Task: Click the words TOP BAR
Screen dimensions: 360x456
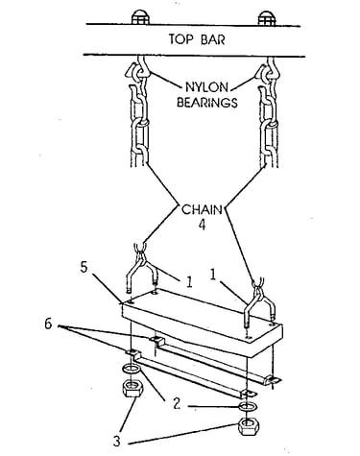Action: click(197, 39)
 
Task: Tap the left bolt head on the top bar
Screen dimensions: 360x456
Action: click(140, 17)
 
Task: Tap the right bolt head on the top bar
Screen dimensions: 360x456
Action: click(267, 18)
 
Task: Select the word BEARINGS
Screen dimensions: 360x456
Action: click(207, 103)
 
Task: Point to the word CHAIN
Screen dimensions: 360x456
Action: click(202, 209)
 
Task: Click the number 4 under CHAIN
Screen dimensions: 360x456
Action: click(202, 224)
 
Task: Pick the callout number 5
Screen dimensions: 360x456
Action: click(84, 267)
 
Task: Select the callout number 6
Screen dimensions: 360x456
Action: click(48, 324)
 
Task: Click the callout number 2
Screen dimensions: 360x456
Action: click(177, 404)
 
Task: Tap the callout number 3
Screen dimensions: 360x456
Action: click(117, 441)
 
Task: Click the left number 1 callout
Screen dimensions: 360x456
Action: click(189, 282)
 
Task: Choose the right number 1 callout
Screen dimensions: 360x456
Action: click(213, 275)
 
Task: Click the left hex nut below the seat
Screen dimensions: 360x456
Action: click(132, 388)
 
